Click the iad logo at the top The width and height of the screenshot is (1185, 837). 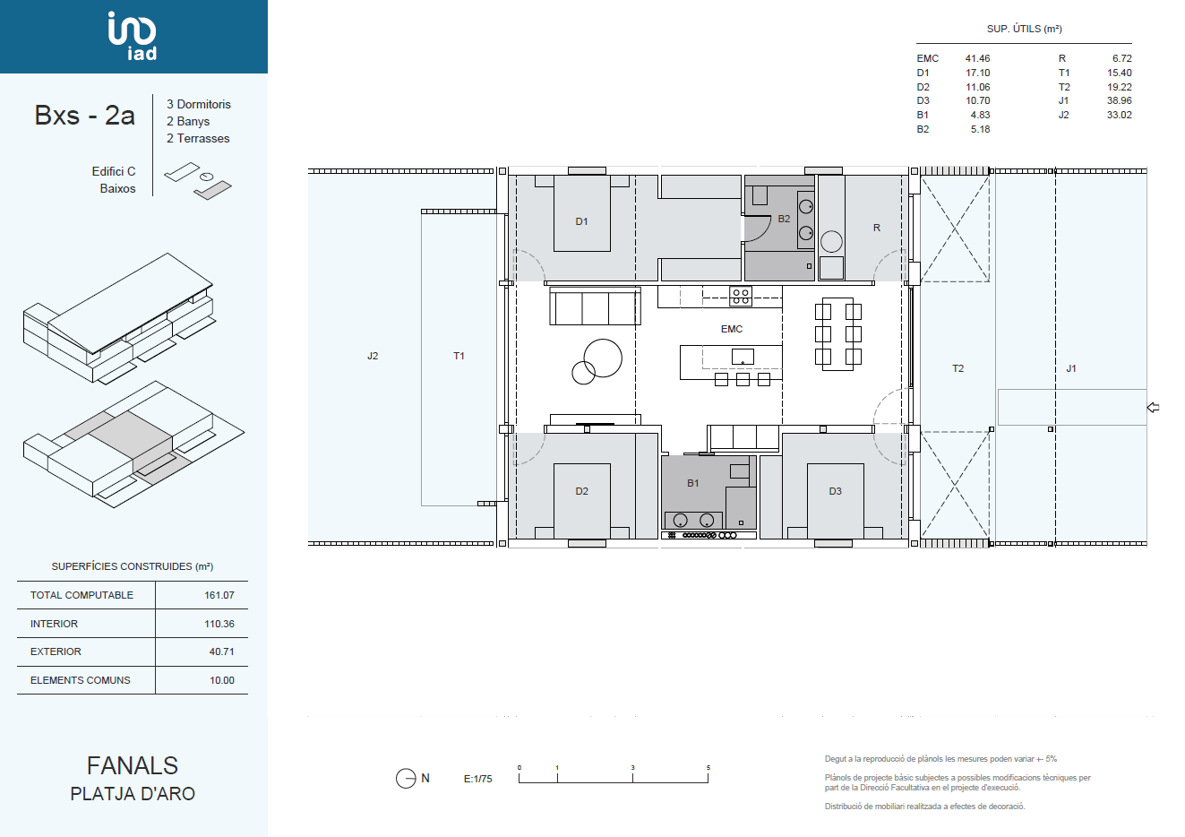coord(133,36)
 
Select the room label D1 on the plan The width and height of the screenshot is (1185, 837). coord(581,222)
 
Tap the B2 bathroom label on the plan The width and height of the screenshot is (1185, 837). coord(784,219)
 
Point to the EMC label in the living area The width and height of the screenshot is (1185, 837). coord(732,329)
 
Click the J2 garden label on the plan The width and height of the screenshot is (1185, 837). coord(373,356)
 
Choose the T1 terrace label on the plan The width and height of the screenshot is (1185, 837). coord(459,356)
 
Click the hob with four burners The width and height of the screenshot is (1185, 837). coord(741,297)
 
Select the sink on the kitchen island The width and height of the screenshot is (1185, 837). coord(743,357)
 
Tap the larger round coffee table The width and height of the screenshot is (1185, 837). coord(603,358)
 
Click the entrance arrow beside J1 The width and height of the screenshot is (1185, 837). coord(1154,407)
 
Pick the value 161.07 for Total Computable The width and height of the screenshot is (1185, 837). coord(219,595)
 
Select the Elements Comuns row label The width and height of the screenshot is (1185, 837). coord(80,680)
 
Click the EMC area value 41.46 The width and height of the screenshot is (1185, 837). coord(977,58)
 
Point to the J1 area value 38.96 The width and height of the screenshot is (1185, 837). coord(1119,100)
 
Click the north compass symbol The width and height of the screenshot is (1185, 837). coord(406,778)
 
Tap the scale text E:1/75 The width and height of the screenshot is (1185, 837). coord(477,779)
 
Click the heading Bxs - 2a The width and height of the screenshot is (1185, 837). coord(84,116)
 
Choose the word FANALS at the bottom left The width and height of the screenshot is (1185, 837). coord(133,765)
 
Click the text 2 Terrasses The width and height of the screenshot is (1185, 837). coord(198,138)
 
